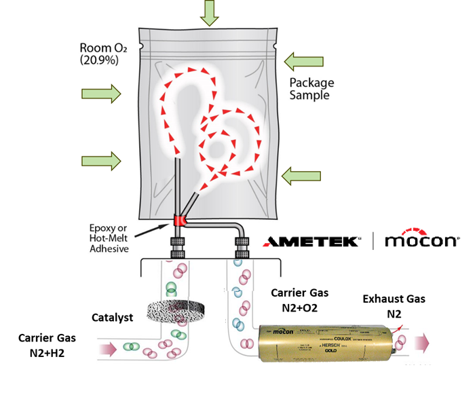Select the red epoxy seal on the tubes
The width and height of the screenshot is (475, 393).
pyautogui.click(x=180, y=220)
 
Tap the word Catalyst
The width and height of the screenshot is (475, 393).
pyautogui.click(x=113, y=317)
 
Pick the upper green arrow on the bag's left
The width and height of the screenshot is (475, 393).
pyautogui.click(x=101, y=91)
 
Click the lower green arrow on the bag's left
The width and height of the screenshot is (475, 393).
pyautogui.click(x=101, y=161)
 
